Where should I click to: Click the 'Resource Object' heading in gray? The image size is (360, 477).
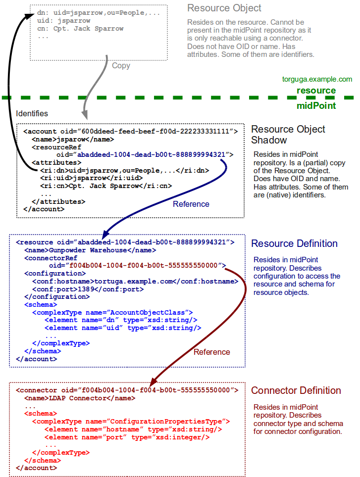(x=224, y=8)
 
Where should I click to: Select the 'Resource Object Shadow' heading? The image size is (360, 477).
(x=288, y=135)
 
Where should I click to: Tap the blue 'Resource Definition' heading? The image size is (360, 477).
(x=294, y=243)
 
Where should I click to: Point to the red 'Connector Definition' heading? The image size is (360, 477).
(x=296, y=390)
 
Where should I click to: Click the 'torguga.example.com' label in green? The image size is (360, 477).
(x=317, y=79)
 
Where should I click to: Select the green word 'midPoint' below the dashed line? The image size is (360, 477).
(x=316, y=105)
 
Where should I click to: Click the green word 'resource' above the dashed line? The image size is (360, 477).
(x=316, y=91)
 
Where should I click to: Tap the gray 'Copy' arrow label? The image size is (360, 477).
(x=121, y=66)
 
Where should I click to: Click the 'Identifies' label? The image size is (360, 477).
(x=32, y=114)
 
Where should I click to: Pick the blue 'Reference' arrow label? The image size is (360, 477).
(x=191, y=204)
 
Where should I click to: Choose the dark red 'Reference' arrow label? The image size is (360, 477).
(x=211, y=352)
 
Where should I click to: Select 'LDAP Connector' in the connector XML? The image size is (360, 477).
(x=77, y=398)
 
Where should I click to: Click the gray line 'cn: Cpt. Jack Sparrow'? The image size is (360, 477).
(x=80, y=29)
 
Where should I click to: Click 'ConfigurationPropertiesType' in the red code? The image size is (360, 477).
(x=165, y=422)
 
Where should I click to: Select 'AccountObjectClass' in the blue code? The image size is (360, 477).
(x=149, y=312)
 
